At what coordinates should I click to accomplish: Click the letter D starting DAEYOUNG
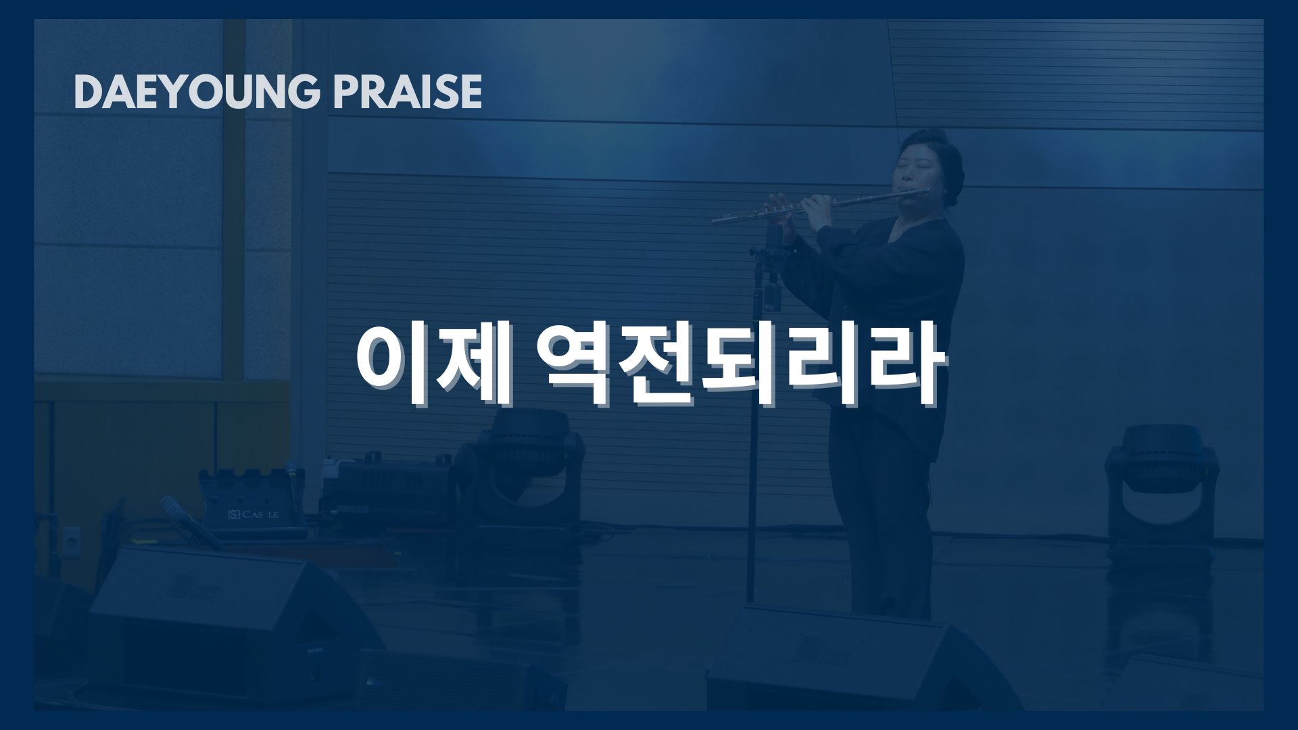coord(87,92)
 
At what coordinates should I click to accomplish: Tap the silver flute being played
coord(821,207)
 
